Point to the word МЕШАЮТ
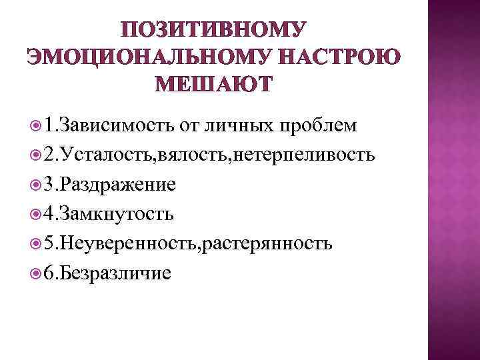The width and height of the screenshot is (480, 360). coord(213,85)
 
